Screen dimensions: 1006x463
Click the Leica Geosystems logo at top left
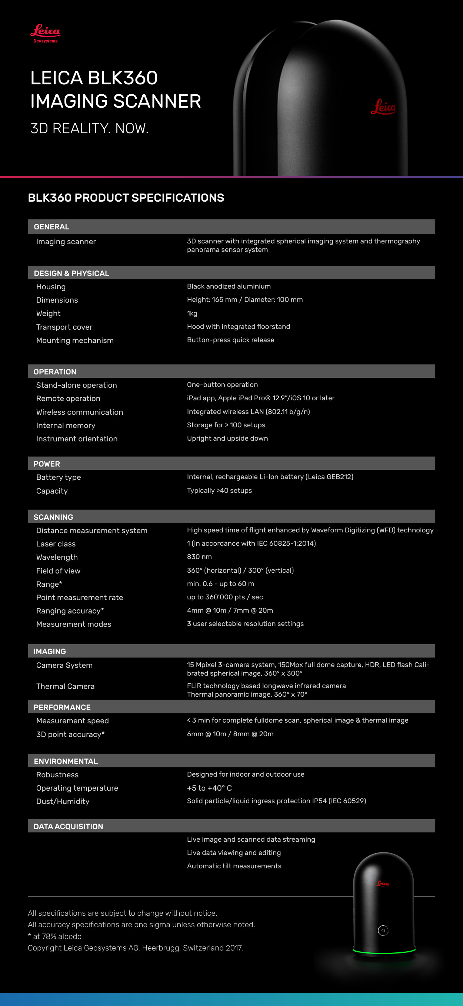tap(45, 33)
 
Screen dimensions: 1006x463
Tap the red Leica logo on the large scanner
tap(383, 107)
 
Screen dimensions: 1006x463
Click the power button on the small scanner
tap(383, 930)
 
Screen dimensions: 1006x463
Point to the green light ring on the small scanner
tap(384, 951)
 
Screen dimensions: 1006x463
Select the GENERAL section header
tap(51, 226)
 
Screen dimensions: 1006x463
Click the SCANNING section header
tap(54, 517)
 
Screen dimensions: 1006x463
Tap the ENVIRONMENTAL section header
tap(66, 761)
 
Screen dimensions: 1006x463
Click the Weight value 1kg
tap(192, 313)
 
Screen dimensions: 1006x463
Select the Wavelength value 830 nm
tap(199, 556)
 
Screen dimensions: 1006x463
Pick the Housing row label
tap(51, 287)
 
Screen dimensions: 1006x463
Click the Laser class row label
tap(56, 544)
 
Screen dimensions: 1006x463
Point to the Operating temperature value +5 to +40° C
tap(209, 788)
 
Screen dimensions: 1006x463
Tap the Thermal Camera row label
tap(65, 686)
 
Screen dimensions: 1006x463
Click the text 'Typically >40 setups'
tap(219, 491)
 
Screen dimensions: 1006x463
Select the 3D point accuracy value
tap(230, 734)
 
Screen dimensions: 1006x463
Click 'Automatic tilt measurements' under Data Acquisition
tap(234, 866)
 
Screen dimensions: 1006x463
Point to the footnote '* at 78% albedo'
tap(55, 936)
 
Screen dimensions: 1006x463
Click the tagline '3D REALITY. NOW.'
tap(90, 128)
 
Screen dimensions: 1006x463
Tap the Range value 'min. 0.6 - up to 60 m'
tap(220, 583)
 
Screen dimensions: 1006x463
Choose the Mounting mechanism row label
tap(75, 340)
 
